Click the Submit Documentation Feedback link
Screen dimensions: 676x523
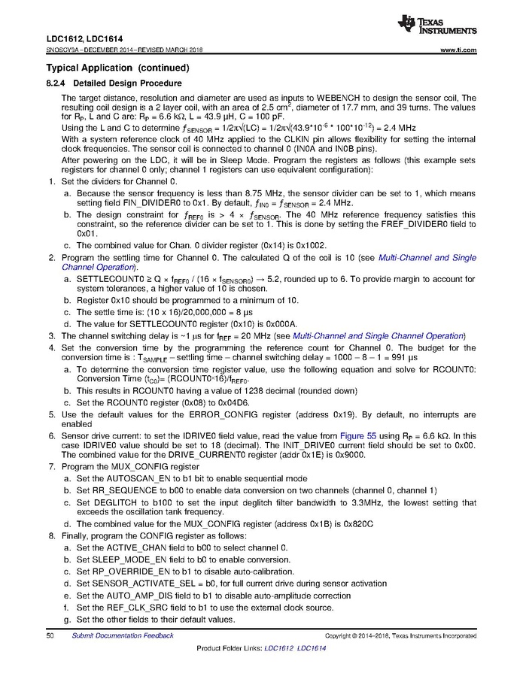[123, 635]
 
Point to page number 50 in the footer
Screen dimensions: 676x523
[50, 635]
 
